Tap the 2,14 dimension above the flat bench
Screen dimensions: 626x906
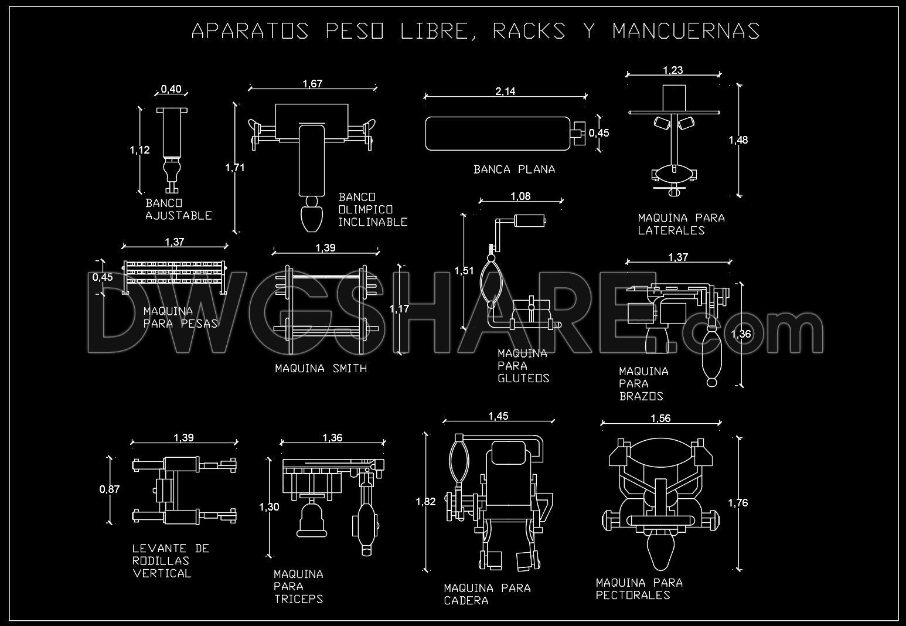click(x=505, y=91)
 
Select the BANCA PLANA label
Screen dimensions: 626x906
click(x=514, y=169)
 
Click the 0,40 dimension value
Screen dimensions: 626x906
click(x=171, y=90)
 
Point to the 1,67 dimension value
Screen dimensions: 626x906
click(x=312, y=84)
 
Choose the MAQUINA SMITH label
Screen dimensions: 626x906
click(x=321, y=369)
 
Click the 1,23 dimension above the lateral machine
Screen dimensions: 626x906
click(x=673, y=70)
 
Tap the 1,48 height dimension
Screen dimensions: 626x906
click(x=738, y=140)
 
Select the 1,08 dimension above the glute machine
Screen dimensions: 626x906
click(x=520, y=196)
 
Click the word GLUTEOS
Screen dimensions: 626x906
click(x=523, y=378)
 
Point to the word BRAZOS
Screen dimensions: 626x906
click(x=641, y=396)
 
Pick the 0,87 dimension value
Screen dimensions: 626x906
click(x=109, y=489)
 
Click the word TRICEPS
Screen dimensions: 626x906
click(x=298, y=599)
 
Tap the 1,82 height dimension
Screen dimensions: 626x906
click(x=425, y=502)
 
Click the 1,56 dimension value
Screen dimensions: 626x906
click(x=660, y=419)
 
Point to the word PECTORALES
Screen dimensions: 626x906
click(x=633, y=596)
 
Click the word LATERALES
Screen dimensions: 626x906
click(x=671, y=230)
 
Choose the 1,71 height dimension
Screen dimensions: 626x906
click(x=235, y=168)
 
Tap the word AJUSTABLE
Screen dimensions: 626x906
click(x=178, y=216)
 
